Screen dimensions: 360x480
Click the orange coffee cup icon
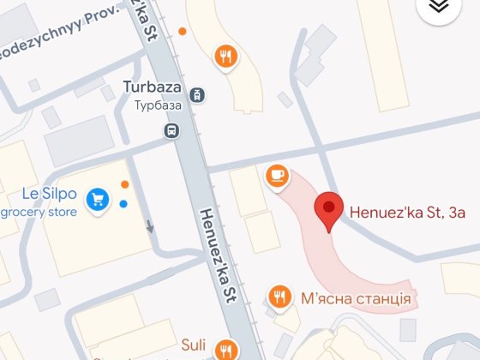tap(277, 175)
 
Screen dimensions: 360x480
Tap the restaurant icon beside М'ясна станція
tap(279, 297)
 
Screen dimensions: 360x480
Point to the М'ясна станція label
tap(357, 298)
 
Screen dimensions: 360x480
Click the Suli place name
tap(193, 345)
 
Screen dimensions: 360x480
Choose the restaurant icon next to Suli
tap(225, 349)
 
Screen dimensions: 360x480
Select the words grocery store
tap(39, 212)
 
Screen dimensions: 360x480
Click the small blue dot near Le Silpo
tap(124, 204)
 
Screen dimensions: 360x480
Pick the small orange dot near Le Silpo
tap(125, 184)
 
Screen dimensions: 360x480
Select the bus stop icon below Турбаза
tap(171, 130)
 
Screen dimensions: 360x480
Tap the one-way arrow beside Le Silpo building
tap(150, 227)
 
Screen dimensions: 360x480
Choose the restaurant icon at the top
tap(226, 57)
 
